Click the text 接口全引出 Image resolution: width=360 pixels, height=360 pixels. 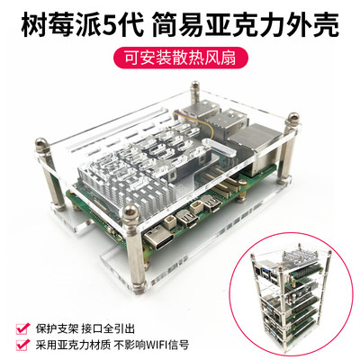117,325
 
